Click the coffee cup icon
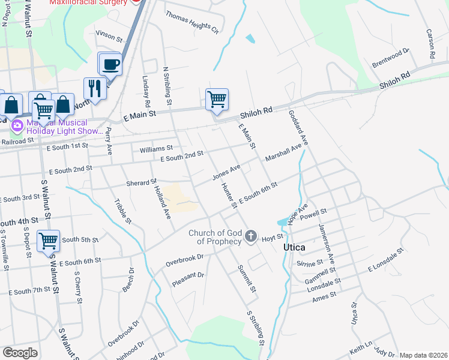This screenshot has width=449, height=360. [x=110, y=64]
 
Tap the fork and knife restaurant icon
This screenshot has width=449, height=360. [x=94, y=88]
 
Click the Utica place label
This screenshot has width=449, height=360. [x=294, y=247]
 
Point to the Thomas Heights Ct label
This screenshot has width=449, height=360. [x=192, y=22]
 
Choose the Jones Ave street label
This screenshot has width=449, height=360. [x=226, y=172]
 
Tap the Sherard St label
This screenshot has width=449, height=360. [x=141, y=182]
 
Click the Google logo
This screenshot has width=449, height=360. [x=20, y=353]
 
